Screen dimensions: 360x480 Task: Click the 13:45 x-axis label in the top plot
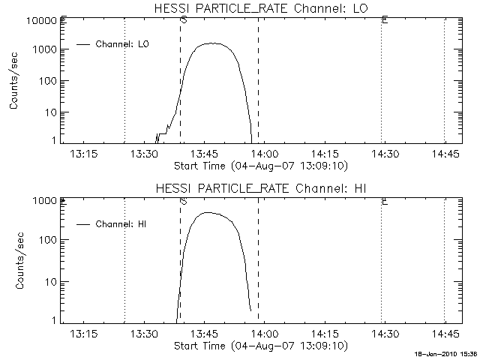(205, 154)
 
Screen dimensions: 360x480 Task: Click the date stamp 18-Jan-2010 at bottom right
(448, 354)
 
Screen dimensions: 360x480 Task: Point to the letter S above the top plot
(183, 20)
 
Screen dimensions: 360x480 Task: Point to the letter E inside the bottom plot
(384, 201)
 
